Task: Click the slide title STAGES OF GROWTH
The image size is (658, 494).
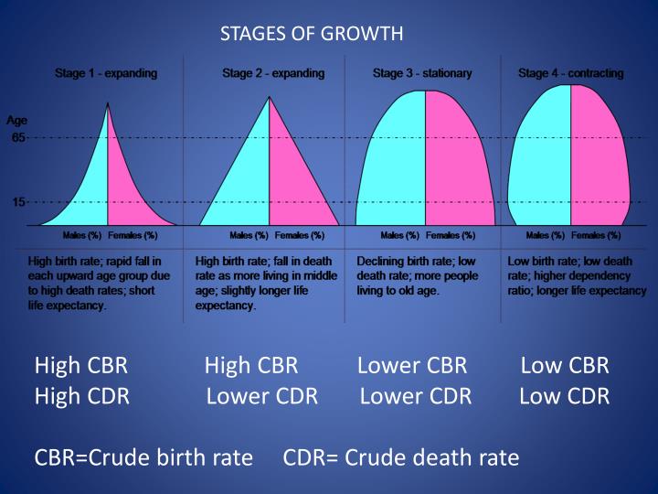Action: point(312,35)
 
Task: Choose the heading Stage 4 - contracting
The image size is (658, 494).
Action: point(570,73)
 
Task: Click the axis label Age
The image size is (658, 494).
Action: point(16,120)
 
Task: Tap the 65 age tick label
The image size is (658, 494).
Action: point(18,138)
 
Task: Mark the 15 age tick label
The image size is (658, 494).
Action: point(18,202)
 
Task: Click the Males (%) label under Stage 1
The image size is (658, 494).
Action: point(81,236)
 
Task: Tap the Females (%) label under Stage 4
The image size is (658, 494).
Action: point(595,236)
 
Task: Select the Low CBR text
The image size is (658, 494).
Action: point(564,367)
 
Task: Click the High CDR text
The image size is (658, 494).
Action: point(81,396)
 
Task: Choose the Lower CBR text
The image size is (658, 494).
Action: point(412,367)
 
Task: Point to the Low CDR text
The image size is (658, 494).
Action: point(564,396)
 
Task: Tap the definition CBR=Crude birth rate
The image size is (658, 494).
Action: point(143,457)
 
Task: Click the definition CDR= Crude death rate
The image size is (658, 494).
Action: point(401,457)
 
